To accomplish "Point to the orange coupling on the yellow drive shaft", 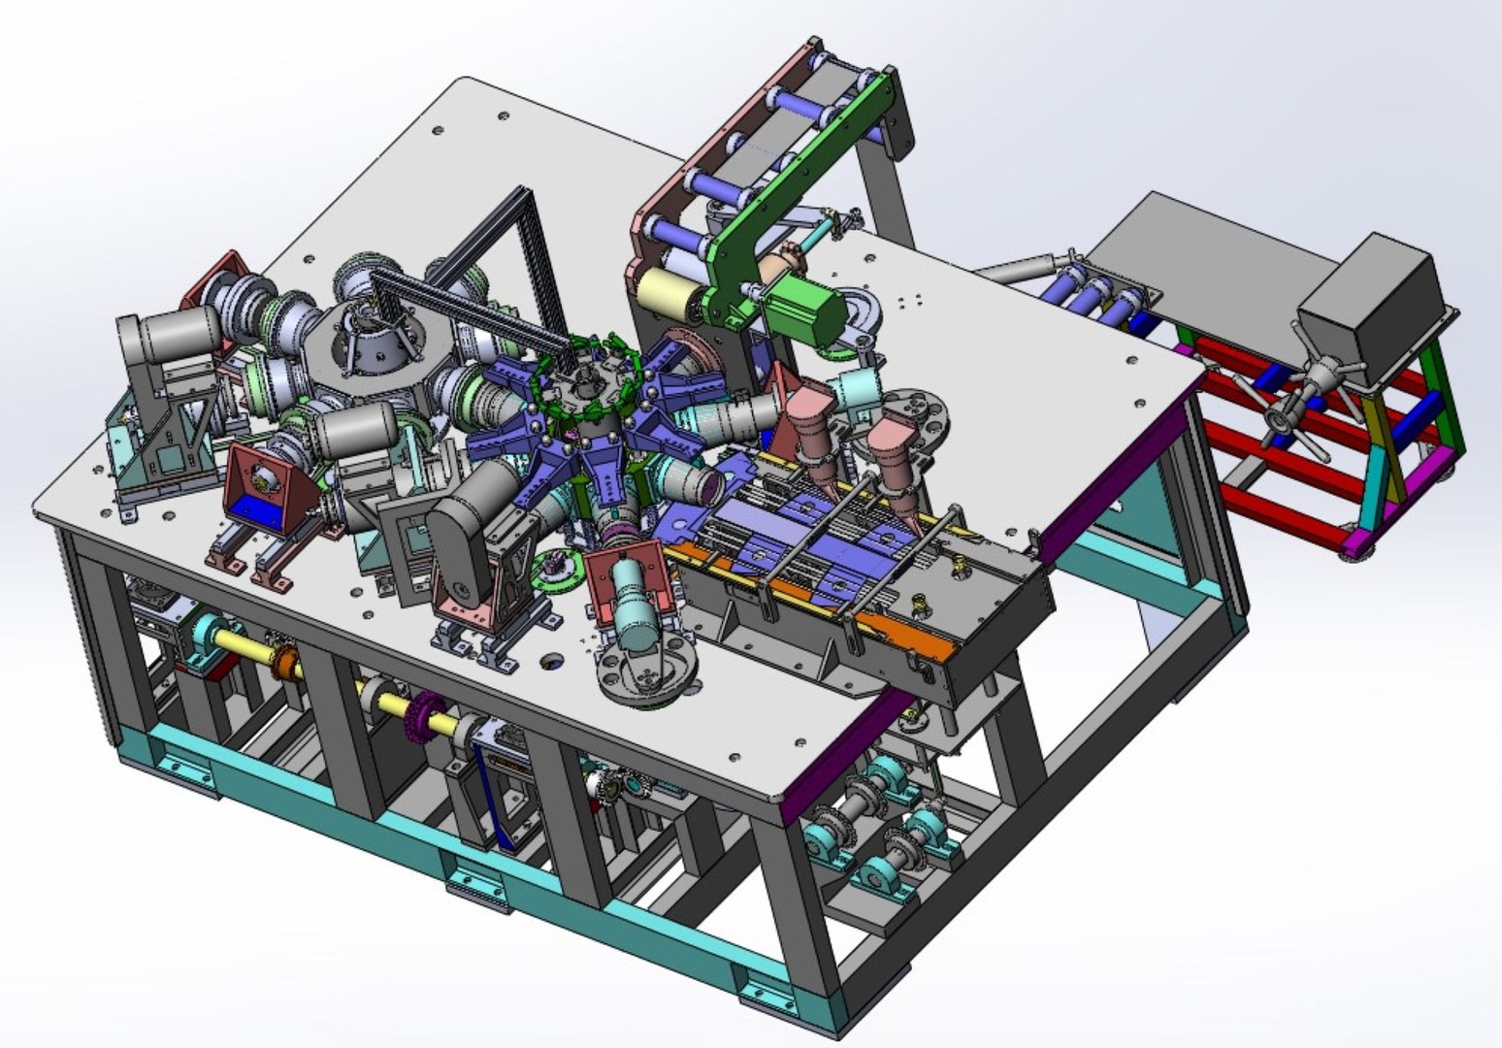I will [287, 665].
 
